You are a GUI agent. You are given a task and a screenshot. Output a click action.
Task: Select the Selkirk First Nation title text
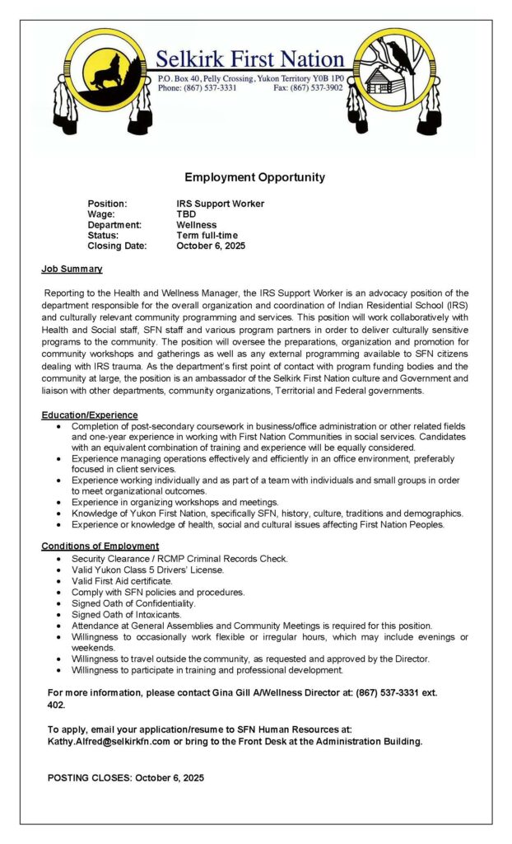(x=250, y=59)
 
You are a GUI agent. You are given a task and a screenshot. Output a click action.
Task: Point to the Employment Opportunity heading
(x=254, y=177)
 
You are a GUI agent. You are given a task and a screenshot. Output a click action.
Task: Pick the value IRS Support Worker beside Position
(x=220, y=204)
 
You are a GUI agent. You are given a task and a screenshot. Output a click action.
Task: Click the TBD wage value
(x=186, y=214)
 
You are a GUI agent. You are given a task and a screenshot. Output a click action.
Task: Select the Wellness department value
(x=196, y=225)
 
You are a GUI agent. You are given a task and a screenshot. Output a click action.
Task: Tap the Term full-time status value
(x=207, y=236)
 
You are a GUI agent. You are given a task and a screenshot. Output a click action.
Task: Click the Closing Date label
(x=117, y=246)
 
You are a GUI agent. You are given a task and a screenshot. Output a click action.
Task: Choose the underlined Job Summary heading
(x=72, y=269)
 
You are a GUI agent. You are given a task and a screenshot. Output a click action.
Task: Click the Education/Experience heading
(x=90, y=415)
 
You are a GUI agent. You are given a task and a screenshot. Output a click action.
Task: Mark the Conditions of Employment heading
(x=100, y=546)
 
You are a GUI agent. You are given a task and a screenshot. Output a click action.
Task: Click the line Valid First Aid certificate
(x=122, y=581)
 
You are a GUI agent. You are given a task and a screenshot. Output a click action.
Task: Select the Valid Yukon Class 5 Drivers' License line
(x=147, y=570)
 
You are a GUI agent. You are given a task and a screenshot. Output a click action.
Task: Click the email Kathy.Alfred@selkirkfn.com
(x=109, y=741)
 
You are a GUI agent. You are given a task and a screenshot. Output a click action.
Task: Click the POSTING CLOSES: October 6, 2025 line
(x=126, y=777)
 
